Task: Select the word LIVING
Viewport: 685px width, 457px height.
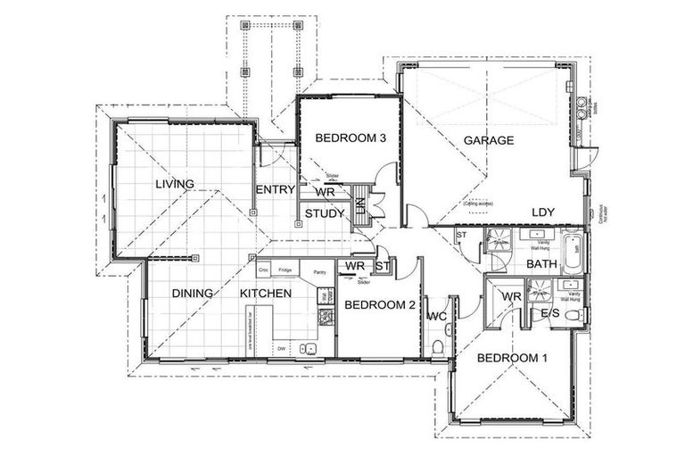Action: coord(174,185)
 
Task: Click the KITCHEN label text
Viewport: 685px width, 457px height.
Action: coord(265,293)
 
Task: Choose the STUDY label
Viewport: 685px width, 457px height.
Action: coord(325,213)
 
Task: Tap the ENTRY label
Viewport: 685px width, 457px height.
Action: coord(275,190)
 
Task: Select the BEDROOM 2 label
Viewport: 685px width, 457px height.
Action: coord(380,305)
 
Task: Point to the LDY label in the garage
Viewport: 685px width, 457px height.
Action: coord(544,212)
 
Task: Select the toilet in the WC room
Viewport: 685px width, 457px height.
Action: coord(438,345)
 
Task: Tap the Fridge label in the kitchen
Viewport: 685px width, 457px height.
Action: coord(285,270)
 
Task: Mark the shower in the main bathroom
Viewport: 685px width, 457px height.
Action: coord(496,240)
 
